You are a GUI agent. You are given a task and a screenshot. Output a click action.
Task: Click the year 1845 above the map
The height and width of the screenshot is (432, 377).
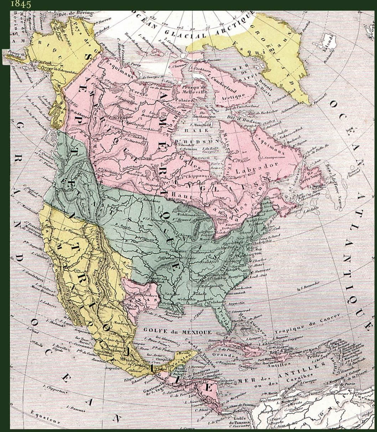21,4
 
